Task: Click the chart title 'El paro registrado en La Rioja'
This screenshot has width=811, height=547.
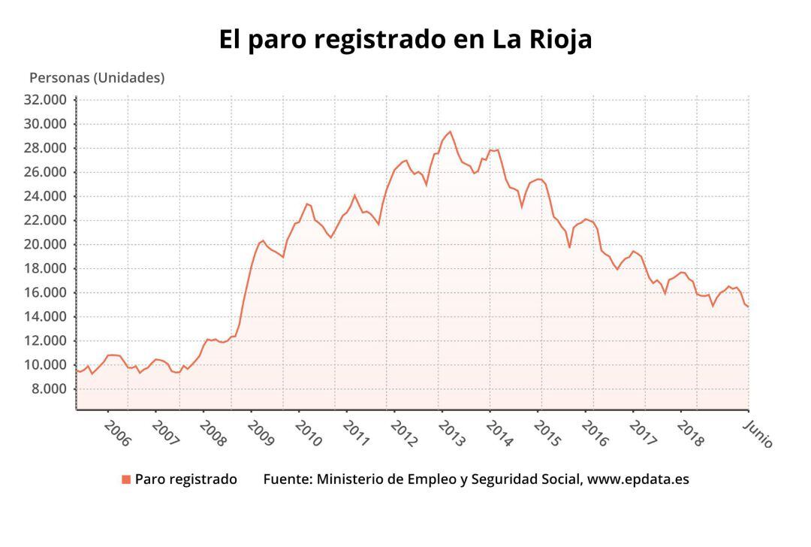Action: [x=405, y=39]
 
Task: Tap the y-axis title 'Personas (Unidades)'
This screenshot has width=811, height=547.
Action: [x=96, y=77]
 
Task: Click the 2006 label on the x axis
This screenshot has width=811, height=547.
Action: [x=117, y=434]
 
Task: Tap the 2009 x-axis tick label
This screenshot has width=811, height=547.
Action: [x=261, y=434]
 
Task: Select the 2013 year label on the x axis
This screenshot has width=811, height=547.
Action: [x=452, y=434]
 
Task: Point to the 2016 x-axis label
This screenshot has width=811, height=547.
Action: [x=595, y=434]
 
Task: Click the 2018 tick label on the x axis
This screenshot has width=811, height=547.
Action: [x=691, y=434]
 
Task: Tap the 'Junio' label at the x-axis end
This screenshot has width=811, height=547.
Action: [x=758, y=434]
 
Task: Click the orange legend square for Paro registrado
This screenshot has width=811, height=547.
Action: [x=126, y=479]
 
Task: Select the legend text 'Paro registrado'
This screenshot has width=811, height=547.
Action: [x=185, y=479]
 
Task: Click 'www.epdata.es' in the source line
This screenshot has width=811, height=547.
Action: [x=638, y=479]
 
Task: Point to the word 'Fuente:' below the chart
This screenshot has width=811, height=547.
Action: [x=288, y=479]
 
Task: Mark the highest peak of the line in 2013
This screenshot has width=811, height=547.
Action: [x=450, y=131]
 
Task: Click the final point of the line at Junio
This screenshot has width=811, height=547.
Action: [x=748, y=307]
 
